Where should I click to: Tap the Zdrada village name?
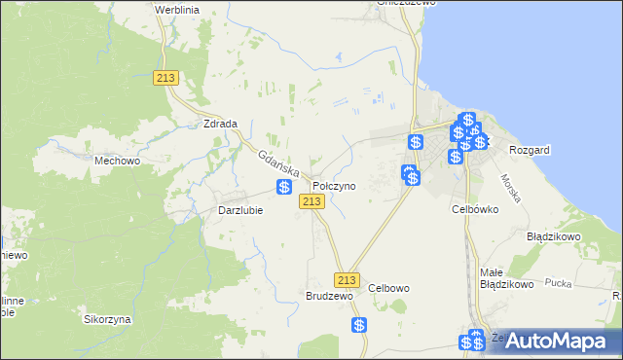pyautogui.click(x=222, y=124)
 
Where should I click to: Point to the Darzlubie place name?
pyautogui.click(x=239, y=210)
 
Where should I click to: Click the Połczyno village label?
pyautogui.click(x=334, y=185)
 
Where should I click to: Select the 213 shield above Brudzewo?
pyautogui.click(x=345, y=279)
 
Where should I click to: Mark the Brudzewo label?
pyautogui.click(x=328, y=295)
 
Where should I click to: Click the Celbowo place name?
pyautogui.click(x=389, y=288)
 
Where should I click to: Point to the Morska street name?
pyautogui.click(x=512, y=188)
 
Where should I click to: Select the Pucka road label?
pyautogui.click(x=558, y=283)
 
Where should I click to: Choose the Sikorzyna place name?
pyautogui.click(x=107, y=319)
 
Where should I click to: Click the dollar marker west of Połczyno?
pyautogui.click(x=284, y=187)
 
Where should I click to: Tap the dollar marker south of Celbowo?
pyautogui.click(x=359, y=326)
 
